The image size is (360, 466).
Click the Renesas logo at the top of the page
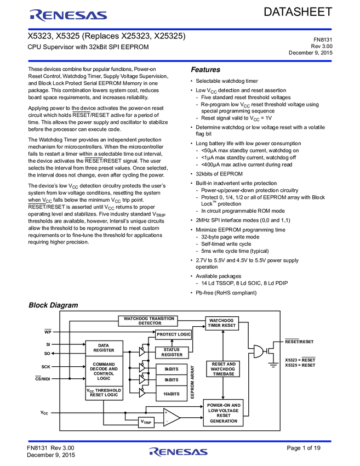(68, 15)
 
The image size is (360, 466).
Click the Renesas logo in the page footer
(179, 452)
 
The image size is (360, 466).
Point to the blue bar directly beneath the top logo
(180, 29)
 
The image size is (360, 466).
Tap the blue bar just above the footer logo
(180, 441)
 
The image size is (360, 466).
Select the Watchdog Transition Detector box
(148, 321)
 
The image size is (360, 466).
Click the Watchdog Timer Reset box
(222, 323)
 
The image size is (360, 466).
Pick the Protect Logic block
(173, 334)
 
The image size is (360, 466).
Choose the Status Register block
(172, 353)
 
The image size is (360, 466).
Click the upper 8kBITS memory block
(172, 369)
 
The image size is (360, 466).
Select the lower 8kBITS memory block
(172, 380)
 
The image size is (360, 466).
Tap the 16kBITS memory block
(172, 394)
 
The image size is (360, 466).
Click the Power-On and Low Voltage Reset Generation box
(224, 413)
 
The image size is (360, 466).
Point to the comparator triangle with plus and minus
(170, 417)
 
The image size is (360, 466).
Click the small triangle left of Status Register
(141, 352)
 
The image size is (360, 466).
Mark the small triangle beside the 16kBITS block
(141, 393)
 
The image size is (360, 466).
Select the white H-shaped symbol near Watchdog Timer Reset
(249, 352)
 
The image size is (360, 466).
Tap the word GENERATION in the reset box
(224, 421)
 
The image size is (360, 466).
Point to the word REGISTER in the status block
(172, 355)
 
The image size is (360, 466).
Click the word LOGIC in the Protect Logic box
(184, 334)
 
